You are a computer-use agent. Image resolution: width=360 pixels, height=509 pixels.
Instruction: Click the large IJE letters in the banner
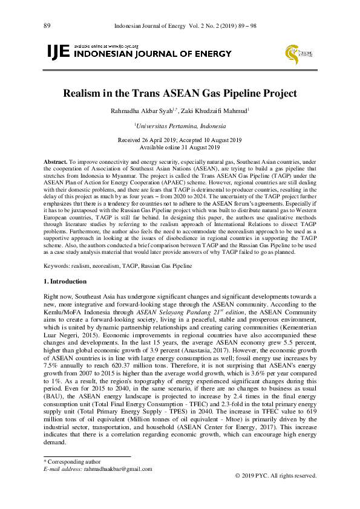point(57,53)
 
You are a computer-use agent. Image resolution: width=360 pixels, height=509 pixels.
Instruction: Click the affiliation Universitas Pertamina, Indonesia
point(180,126)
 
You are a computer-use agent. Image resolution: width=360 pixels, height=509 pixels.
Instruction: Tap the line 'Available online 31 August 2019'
point(180,147)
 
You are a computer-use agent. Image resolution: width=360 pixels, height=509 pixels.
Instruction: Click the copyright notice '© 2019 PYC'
point(275,476)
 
